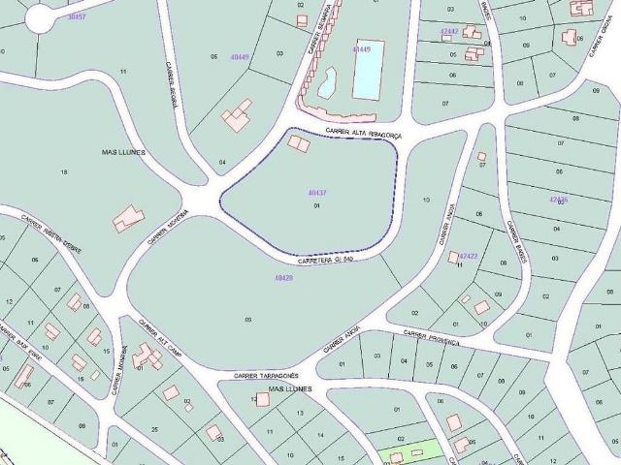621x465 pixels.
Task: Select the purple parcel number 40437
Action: click(316, 193)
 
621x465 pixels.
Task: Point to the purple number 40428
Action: click(283, 278)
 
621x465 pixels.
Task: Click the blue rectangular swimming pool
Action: click(368, 70)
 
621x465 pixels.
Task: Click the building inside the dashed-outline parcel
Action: click(299, 143)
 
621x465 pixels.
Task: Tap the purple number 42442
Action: click(448, 31)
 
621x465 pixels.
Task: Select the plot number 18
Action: click(64, 171)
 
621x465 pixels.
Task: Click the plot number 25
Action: click(154, 428)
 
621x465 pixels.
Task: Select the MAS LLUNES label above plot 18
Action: click(123, 152)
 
